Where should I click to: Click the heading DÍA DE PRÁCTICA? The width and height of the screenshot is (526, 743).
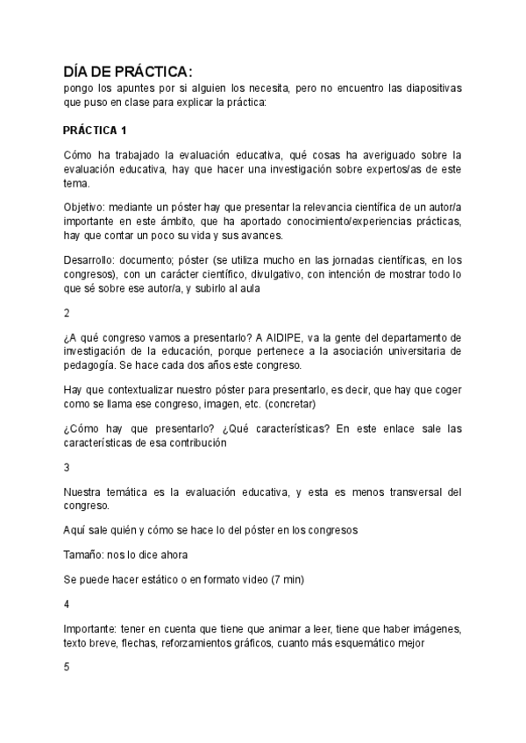127,71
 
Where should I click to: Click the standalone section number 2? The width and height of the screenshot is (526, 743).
68,312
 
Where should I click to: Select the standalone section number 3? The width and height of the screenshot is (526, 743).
68,467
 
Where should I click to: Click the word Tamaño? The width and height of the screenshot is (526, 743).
85,555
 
